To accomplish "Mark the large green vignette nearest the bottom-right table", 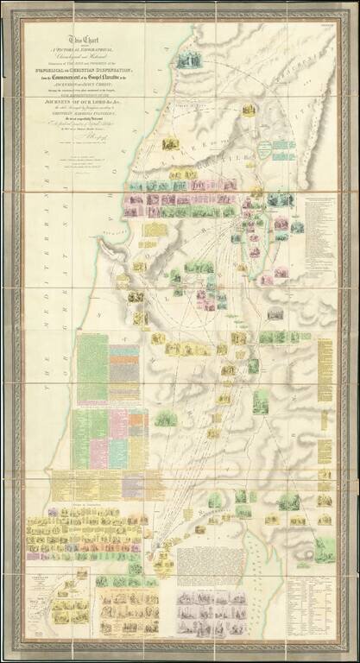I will (x=324, y=549).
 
